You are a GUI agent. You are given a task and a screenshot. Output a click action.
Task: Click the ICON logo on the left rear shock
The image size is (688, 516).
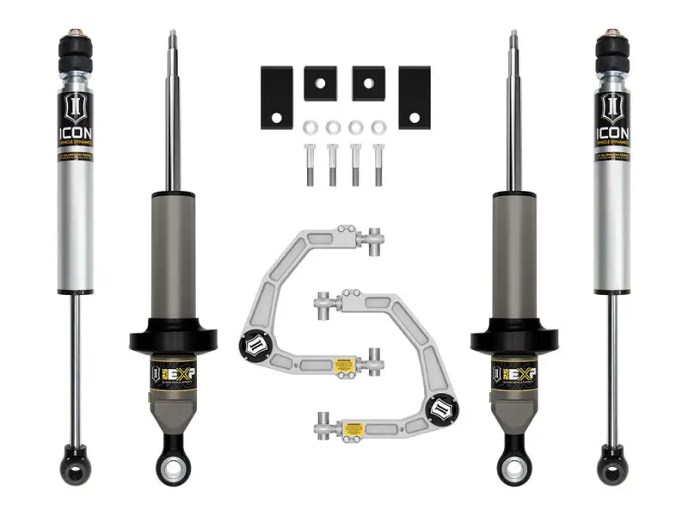click(76, 120)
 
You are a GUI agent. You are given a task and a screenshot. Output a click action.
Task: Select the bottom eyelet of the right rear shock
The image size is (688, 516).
click(612, 454)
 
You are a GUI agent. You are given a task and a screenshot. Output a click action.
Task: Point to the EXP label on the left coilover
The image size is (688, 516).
click(172, 375)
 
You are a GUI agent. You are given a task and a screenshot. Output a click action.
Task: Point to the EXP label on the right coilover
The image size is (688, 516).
click(515, 375)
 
